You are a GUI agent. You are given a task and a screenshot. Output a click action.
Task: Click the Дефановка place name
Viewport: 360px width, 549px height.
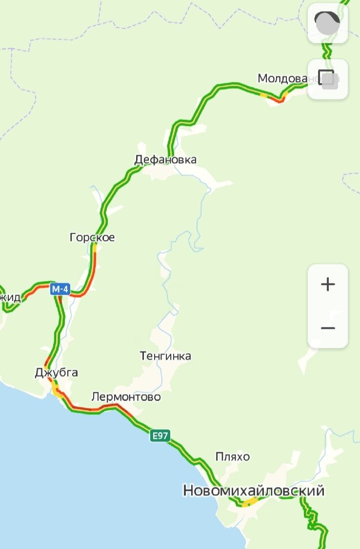[165, 160]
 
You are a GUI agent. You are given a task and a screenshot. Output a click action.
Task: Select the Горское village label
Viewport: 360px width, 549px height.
[92, 238]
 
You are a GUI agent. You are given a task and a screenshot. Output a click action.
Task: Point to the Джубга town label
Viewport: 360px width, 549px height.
[56, 373]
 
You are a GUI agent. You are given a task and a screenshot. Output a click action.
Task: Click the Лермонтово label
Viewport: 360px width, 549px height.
[126, 397]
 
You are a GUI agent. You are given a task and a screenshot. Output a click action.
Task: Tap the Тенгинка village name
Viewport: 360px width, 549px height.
[165, 356]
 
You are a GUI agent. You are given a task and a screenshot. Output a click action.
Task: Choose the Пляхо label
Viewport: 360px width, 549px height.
[233, 457]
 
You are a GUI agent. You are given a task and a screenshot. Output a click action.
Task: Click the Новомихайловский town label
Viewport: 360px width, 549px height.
[254, 490]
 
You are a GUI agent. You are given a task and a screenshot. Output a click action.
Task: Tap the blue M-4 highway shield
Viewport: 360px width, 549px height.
[60, 289]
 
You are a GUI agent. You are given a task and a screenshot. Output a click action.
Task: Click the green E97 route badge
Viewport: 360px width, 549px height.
[160, 436]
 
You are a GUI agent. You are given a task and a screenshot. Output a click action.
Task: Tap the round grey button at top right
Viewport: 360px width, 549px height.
[327, 23]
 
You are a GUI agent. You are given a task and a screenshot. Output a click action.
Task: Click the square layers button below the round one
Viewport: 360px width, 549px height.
[327, 79]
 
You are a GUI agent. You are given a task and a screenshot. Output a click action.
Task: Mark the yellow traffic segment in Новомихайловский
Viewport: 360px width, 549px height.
[251, 502]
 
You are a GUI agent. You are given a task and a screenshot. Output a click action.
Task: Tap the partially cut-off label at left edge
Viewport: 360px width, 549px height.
[10, 298]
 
